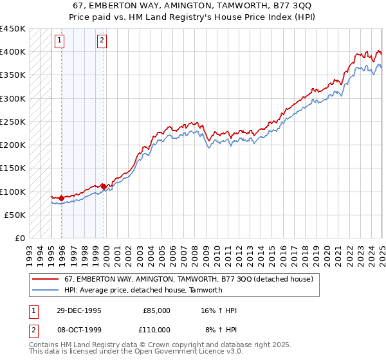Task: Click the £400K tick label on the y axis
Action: point(12,52)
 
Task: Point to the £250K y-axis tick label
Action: point(12,122)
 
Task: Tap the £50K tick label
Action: point(15,215)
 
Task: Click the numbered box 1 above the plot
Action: point(59,40)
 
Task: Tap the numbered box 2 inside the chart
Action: point(102,40)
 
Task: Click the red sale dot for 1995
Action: point(62,198)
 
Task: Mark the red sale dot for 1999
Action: point(104,186)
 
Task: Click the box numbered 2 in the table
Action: point(33,329)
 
